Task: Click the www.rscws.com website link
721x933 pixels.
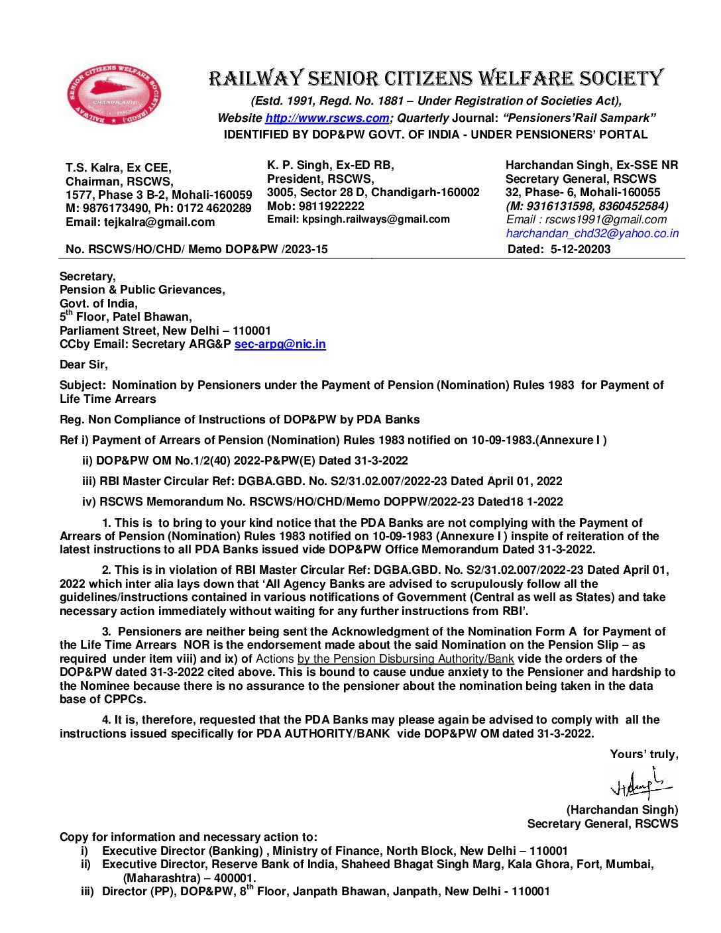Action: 327,118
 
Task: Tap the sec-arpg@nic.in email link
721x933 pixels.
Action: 280,344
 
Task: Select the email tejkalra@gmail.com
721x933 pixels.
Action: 159,222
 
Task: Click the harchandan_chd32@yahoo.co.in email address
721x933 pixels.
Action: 592,233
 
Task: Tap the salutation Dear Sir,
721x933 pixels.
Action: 83,364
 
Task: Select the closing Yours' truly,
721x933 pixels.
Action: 643,754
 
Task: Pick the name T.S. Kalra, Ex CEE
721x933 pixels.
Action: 118,168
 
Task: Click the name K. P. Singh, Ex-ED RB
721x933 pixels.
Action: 330,165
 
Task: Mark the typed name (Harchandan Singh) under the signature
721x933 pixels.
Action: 622,810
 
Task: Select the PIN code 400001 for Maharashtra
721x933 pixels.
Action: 234,878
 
